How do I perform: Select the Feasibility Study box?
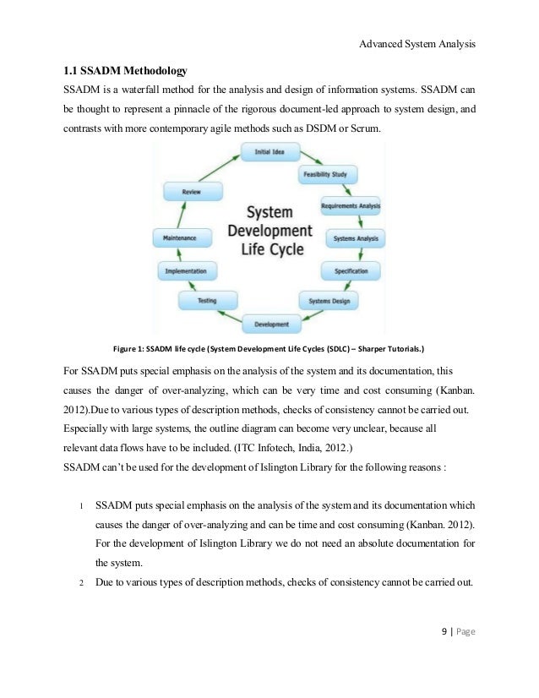[327, 175]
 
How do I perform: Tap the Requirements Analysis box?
[351, 206]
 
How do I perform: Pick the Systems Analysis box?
[355, 239]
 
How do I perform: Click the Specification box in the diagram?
[351, 271]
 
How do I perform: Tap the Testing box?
[206, 300]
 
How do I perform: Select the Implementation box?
[187, 271]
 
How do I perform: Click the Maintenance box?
[180, 239]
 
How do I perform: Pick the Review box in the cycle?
[191, 193]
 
